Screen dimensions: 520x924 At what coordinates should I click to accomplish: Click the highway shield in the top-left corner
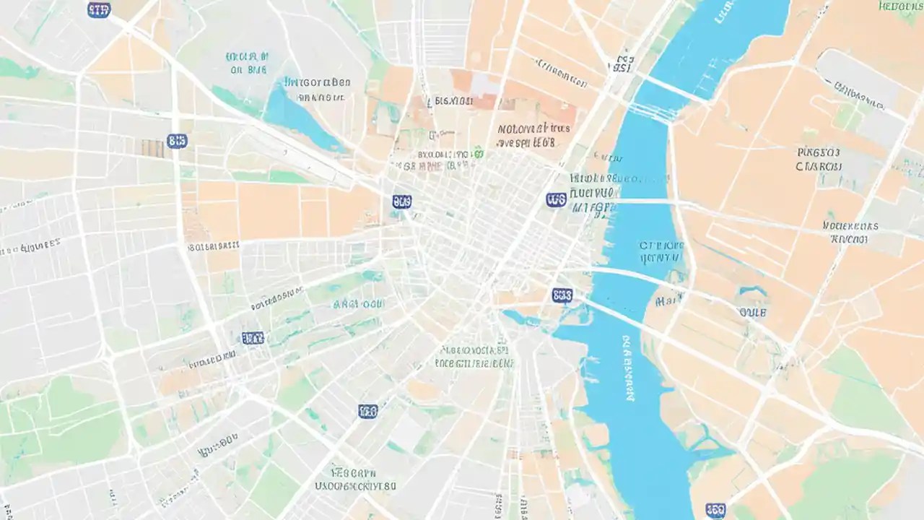point(99,9)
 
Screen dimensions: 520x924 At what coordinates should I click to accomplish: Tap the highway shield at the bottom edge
point(715,511)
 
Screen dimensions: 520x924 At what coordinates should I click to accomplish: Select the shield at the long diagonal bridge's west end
point(562,295)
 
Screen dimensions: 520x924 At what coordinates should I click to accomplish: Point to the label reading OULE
point(752,313)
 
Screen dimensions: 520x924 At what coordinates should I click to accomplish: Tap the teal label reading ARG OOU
point(359,304)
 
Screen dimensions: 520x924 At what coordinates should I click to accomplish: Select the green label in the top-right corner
point(900,6)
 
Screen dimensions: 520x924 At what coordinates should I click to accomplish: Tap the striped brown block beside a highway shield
point(152,147)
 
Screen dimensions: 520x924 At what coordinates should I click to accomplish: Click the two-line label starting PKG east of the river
point(819,159)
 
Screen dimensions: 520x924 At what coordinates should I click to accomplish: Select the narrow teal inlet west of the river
point(523,318)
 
